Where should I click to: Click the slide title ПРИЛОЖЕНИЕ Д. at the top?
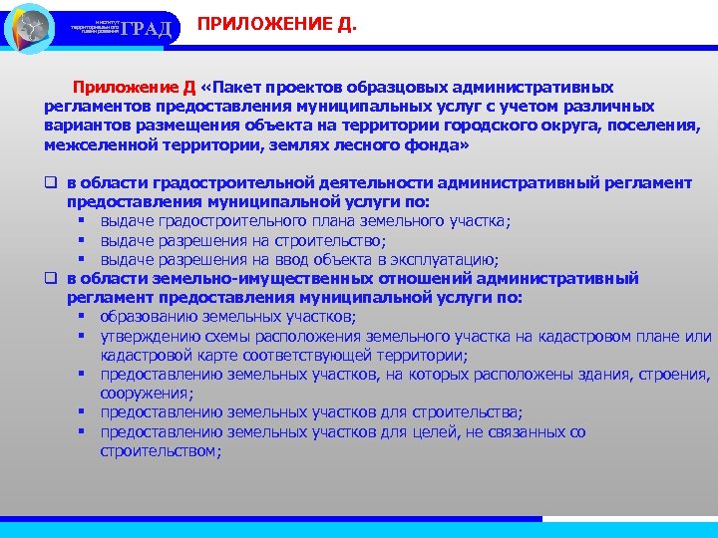pyautogui.click(x=276, y=23)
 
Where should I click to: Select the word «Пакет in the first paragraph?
pyautogui.click(x=236, y=88)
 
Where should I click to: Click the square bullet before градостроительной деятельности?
pyautogui.click(x=50, y=183)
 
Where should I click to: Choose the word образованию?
pyautogui.click(x=146, y=317)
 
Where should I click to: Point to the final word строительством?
pyautogui.click(x=161, y=450)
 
